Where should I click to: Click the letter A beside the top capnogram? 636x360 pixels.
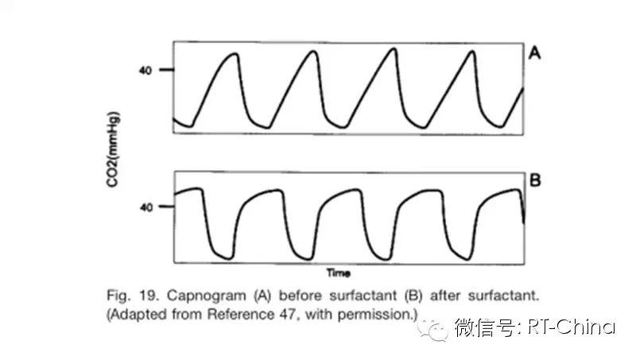click(535, 54)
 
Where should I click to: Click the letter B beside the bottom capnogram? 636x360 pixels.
click(535, 180)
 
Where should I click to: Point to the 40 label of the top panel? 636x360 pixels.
click(145, 70)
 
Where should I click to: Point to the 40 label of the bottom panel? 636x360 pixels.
click(145, 207)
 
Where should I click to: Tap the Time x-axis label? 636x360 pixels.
click(340, 273)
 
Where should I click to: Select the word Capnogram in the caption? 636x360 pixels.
click(204, 296)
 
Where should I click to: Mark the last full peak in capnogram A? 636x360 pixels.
click(473, 52)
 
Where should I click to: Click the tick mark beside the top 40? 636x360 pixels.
click(167, 70)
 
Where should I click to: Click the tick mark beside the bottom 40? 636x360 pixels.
click(167, 207)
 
